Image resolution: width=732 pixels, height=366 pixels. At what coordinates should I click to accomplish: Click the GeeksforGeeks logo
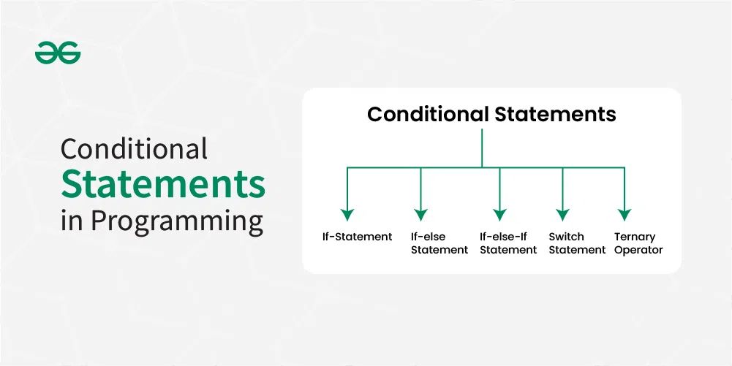58,53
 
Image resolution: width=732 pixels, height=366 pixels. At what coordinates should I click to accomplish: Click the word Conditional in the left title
134,149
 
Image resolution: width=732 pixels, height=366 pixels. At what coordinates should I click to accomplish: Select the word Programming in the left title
176,220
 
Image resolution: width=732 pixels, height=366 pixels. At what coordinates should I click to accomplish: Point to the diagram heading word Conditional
428,115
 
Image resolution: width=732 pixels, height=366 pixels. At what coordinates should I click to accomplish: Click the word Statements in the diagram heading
556,115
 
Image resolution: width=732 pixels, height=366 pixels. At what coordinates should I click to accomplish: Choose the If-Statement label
357,237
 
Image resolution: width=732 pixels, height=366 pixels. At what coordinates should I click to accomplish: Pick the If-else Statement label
439,243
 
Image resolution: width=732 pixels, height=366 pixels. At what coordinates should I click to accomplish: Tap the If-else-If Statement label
508,243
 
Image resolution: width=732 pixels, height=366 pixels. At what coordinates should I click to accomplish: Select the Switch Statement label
577,243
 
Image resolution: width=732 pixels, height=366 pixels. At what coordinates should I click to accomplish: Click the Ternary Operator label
638,243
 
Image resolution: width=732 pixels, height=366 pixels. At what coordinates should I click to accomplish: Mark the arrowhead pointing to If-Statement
347,215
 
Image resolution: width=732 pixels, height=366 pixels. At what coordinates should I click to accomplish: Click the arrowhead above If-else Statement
420,215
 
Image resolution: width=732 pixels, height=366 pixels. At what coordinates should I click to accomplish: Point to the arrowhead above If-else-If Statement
499,215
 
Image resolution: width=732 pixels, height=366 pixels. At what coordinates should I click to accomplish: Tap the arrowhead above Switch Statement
562,215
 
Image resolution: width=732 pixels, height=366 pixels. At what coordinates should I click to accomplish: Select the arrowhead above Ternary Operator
624,215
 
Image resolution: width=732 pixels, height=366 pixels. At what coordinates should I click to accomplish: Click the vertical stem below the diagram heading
482,148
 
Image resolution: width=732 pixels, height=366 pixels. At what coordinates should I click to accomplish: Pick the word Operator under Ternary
638,250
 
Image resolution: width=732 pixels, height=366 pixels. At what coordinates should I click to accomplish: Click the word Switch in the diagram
566,237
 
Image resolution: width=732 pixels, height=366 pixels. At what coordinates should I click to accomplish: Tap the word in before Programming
72,220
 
